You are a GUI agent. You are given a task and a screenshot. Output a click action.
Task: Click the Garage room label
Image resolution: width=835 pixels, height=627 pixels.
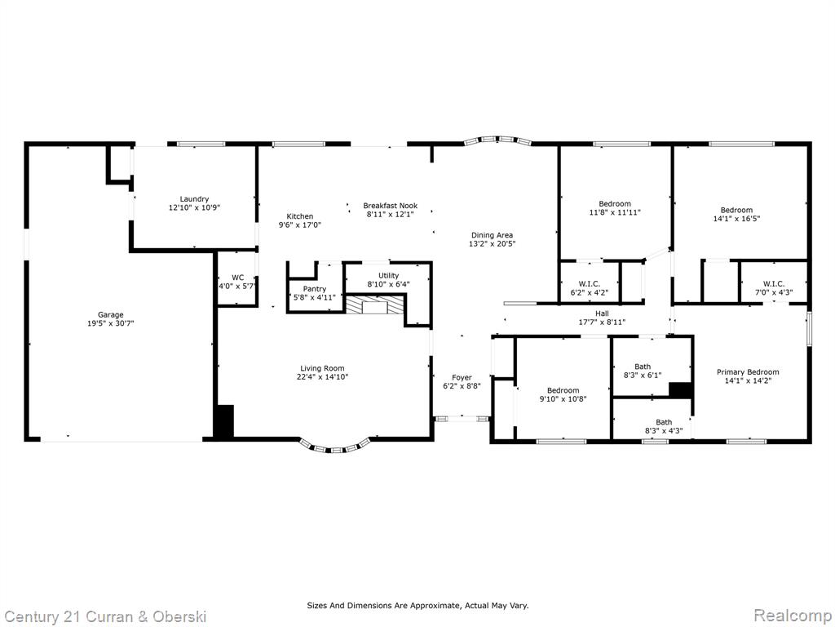click(x=110, y=314)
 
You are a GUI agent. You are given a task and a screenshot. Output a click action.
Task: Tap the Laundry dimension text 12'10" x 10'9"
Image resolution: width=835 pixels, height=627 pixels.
click(x=194, y=207)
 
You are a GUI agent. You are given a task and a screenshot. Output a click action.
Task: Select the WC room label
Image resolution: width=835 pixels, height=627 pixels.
click(x=237, y=278)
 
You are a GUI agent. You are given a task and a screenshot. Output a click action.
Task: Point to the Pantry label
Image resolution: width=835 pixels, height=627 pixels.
click(x=314, y=288)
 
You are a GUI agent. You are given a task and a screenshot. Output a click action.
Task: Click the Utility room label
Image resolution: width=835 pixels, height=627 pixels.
click(x=388, y=275)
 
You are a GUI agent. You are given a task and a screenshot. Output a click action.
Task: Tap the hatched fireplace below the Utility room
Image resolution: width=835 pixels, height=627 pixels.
click(x=373, y=306)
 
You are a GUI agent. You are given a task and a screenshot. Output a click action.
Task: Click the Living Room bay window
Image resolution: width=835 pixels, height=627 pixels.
click(x=334, y=447)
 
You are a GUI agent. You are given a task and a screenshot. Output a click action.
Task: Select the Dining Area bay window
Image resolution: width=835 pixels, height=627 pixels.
click(x=498, y=140)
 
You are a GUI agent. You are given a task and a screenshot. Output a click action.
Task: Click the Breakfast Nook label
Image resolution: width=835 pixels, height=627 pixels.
click(x=391, y=205)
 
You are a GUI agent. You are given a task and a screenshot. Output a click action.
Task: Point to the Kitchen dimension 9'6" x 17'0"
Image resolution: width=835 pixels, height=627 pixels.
click(x=300, y=225)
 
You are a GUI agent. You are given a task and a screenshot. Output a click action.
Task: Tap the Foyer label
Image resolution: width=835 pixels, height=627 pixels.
click(x=462, y=377)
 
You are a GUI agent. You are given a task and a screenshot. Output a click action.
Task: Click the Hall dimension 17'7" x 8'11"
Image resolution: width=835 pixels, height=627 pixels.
click(x=602, y=322)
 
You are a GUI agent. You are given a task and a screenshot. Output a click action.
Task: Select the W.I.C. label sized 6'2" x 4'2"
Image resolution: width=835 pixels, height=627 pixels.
click(x=589, y=284)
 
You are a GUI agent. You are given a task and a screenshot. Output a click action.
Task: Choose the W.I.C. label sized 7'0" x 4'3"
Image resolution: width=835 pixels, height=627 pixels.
click(x=773, y=283)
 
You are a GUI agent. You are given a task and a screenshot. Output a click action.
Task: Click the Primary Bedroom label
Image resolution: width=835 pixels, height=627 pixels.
click(x=748, y=372)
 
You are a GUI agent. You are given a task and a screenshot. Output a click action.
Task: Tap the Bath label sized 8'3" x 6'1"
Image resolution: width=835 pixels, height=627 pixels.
click(x=643, y=367)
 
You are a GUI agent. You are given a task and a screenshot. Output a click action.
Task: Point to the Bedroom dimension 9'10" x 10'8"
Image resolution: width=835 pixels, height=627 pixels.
click(x=563, y=398)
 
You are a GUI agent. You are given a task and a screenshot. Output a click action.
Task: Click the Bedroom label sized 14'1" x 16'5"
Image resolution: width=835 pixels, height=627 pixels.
click(x=736, y=210)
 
